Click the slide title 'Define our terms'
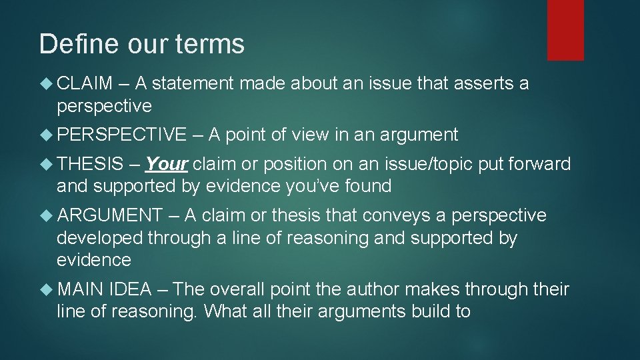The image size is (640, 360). (142, 45)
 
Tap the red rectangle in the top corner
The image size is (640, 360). (565, 30)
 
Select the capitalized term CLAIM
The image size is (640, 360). (85, 83)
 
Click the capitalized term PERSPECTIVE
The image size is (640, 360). (122, 135)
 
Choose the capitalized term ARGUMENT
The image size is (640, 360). (110, 215)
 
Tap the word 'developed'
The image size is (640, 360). (100, 238)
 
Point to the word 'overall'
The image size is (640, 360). (237, 289)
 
